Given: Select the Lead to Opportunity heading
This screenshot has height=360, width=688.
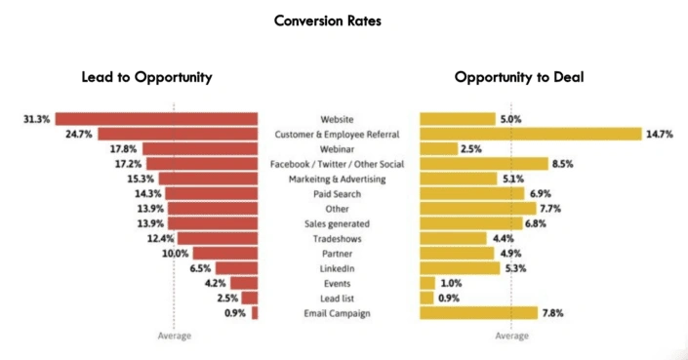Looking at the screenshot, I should [146, 77].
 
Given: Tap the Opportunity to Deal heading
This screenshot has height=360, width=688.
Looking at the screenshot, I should [518, 77].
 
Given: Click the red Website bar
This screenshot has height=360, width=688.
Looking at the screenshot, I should [157, 119].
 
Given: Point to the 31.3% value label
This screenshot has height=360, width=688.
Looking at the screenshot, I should [36, 119].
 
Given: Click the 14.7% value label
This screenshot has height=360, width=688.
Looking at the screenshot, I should [661, 134].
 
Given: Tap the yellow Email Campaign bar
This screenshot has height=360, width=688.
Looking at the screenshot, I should [478, 313].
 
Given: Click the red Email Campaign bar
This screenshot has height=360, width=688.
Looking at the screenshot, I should [255, 313].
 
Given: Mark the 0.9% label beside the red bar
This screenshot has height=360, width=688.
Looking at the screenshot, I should [233, 313].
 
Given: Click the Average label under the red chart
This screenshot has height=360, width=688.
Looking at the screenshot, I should [175, 337].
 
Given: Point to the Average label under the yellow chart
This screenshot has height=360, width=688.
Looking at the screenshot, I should [512, 337].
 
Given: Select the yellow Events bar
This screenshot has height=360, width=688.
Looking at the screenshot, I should [427, 283].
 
